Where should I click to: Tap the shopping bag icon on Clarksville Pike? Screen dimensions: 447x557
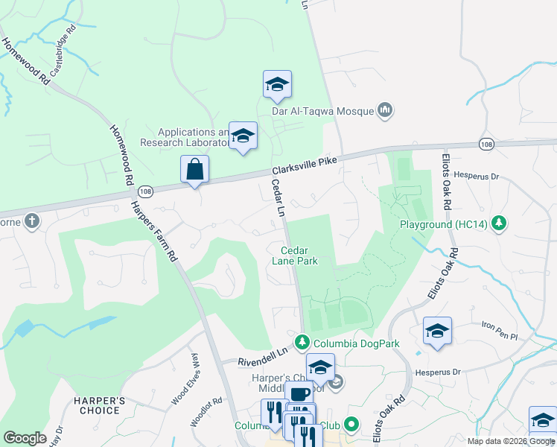point(194,170)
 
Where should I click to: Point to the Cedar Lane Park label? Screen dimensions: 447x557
point(299,256)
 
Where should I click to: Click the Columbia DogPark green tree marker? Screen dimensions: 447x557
point(302,343)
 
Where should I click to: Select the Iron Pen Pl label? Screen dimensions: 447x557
point(499,332)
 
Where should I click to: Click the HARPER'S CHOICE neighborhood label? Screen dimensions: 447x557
point(97,405)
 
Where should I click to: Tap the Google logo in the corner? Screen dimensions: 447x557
point(25,438)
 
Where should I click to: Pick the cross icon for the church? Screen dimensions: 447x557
point(31,221)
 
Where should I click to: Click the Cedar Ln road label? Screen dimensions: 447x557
point(278,197)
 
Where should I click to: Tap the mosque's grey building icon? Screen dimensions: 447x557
point(385,111)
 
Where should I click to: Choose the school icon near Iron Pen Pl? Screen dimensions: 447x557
point(437,331)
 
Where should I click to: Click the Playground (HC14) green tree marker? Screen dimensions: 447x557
point(502,223)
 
